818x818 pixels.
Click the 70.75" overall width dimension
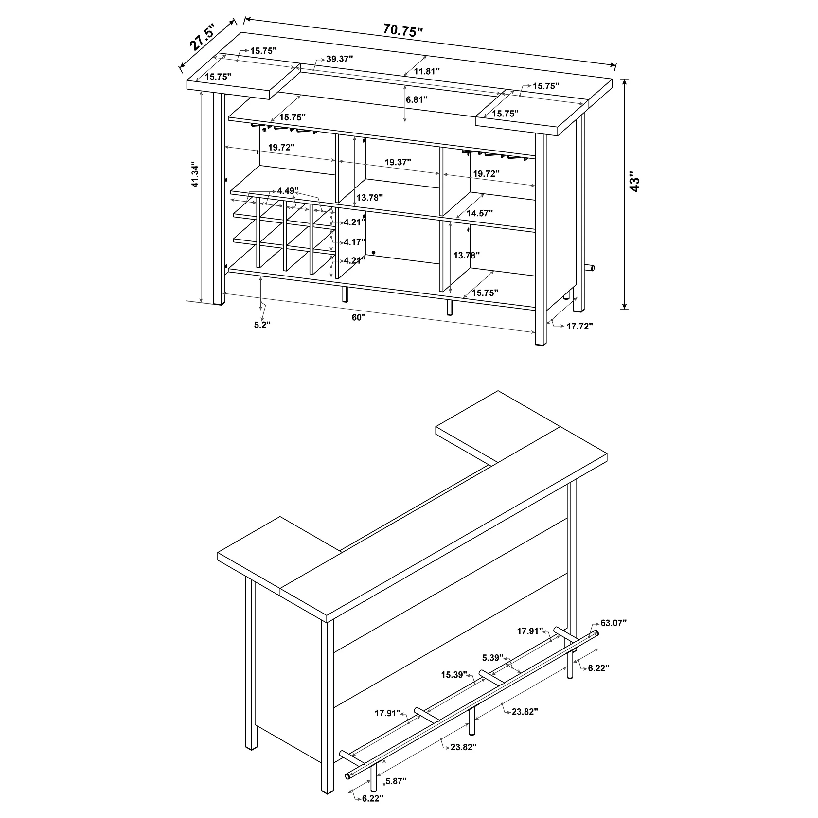pyautogui.click(x=403, y=31)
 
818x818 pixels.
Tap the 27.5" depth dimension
pyautogui.click(x=203, y=37)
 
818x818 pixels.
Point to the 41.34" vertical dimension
pyautogui.click(x=194, y=174)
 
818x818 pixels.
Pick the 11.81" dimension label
pyautogui.click(x=427, y=71)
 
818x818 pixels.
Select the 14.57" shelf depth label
pyautogui.click(x=479, y=213)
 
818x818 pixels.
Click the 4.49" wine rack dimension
pyautogui.click(x=288, y=190)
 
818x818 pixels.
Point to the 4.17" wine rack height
pyautogui.click(x=354, y=242)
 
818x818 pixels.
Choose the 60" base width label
pyautogui.click(x=358, y=317)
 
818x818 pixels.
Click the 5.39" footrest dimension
pyautogui.click(x=492, y=658)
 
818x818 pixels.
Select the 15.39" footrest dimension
pyautogui.click(x=454, y=674)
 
